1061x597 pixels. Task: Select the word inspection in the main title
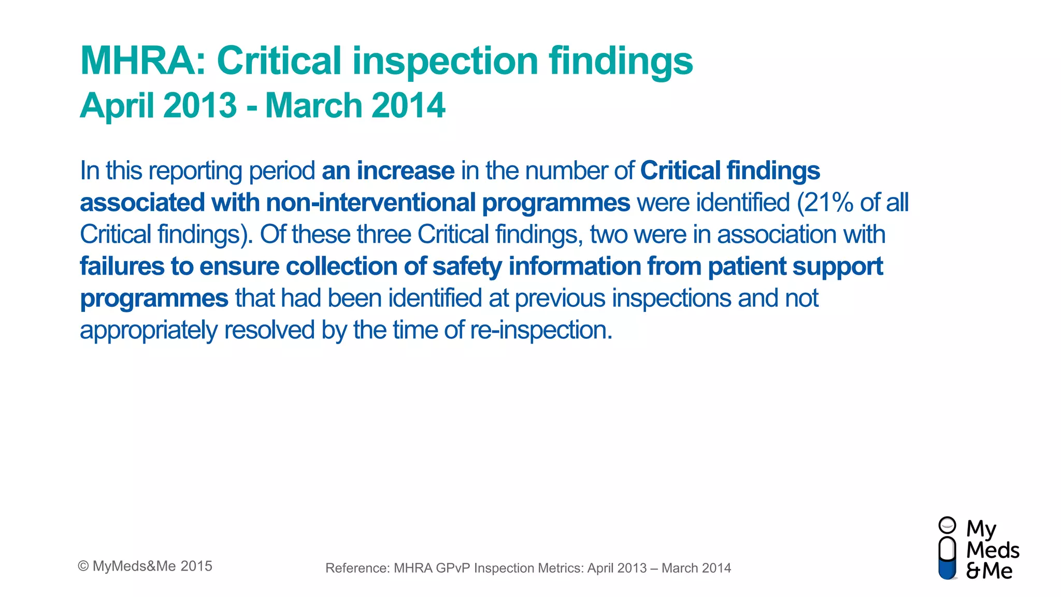[x=446, y=61]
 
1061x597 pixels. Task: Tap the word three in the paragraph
[x=384, y=234]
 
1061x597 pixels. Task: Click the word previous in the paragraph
[x=560, y=298]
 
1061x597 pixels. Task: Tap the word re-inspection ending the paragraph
[x=541, y=330]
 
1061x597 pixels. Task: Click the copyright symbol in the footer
[x=83, y=566]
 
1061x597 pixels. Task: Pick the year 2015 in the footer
[x=196, y=566]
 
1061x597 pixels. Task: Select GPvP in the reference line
[x=453, y=568]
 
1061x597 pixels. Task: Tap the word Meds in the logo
[x=993, y=550]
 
